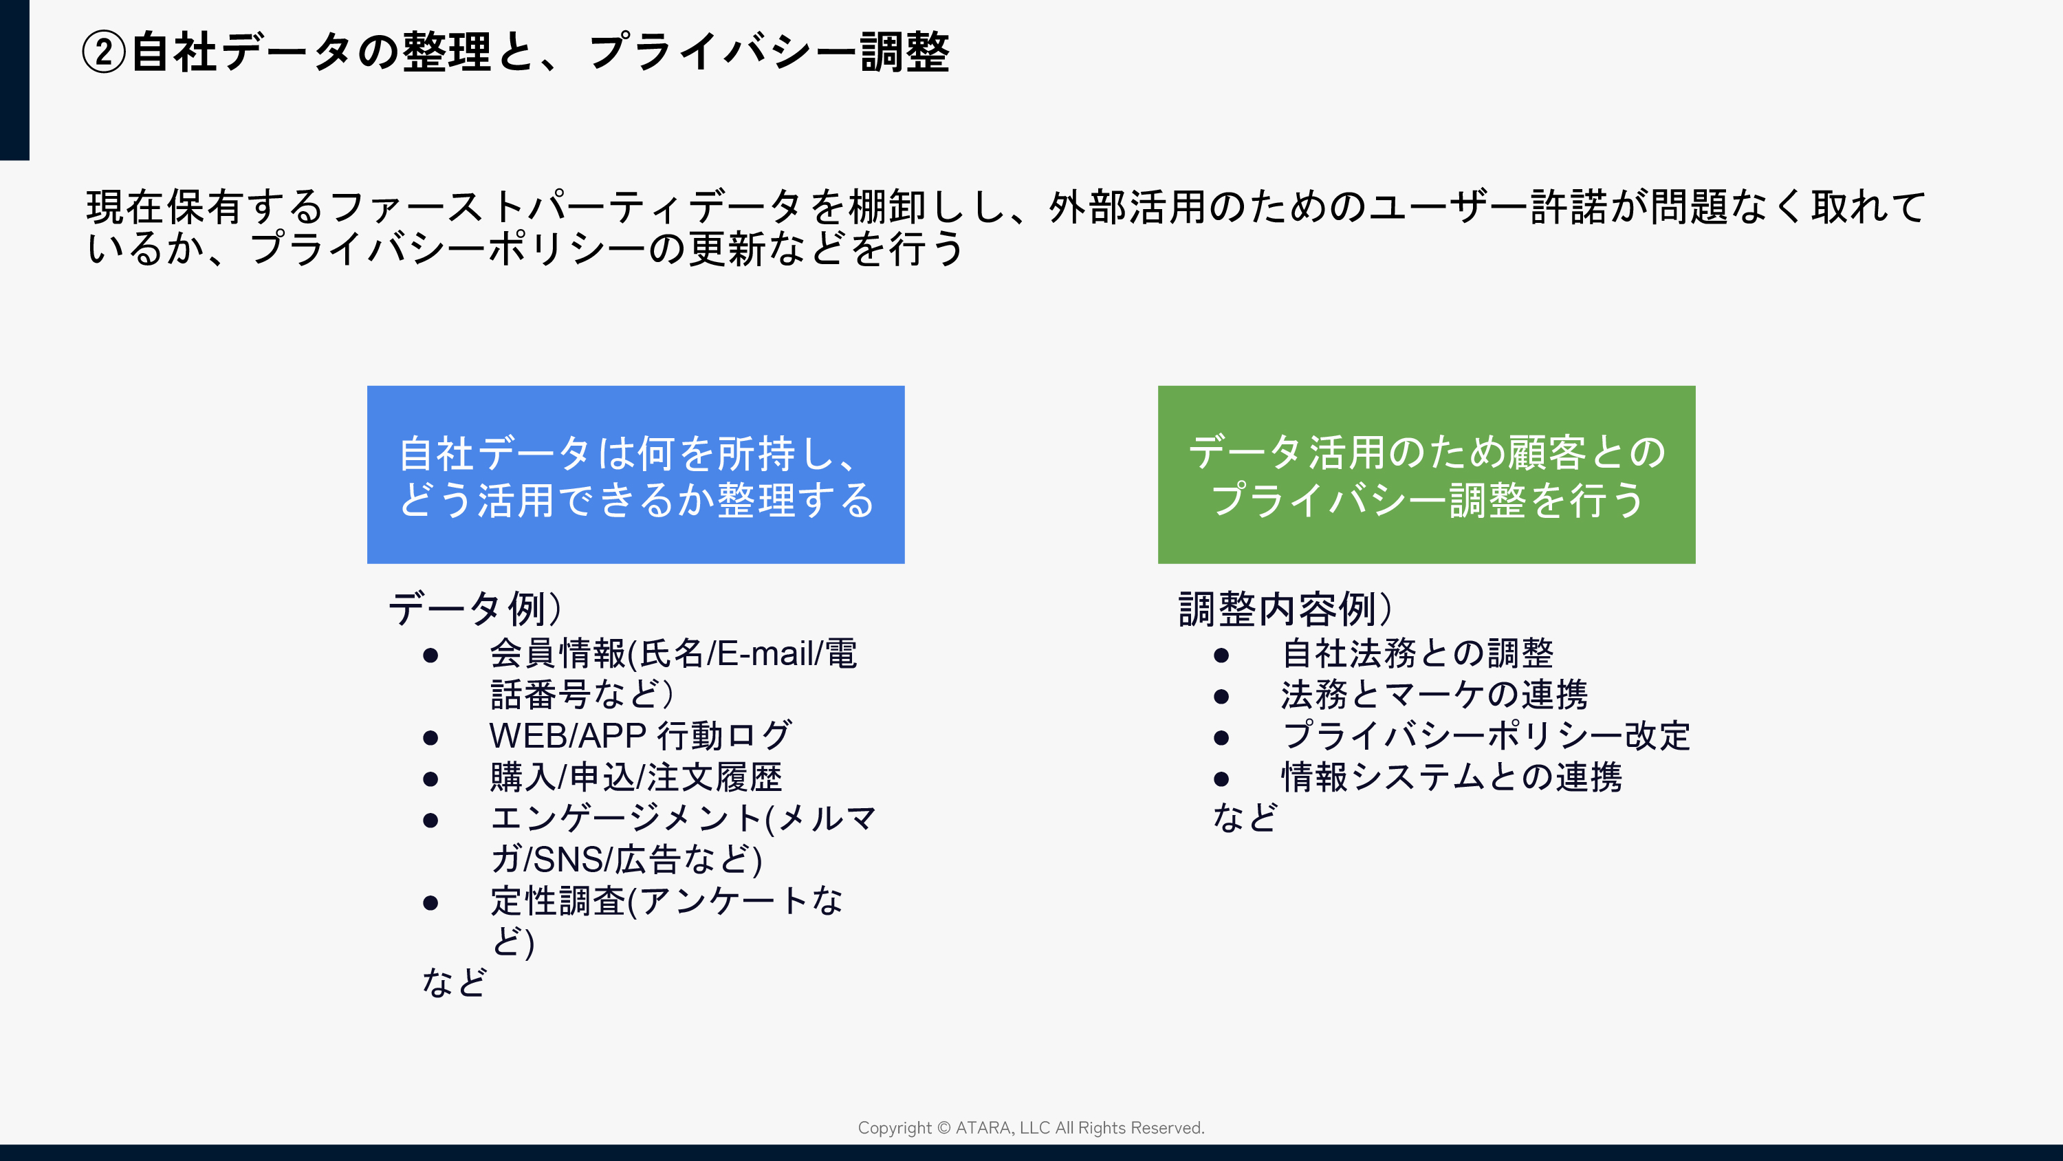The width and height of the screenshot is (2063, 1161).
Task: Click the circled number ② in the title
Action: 104,53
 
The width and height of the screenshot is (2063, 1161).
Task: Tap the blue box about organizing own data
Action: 636,475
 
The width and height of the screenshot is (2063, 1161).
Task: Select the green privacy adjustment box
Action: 1426,475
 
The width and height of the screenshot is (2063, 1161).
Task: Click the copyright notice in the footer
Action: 1031,1127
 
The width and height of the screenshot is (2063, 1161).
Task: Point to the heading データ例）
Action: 476,608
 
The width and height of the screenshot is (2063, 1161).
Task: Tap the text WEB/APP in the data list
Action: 568,735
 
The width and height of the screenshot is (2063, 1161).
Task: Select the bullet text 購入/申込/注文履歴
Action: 636,777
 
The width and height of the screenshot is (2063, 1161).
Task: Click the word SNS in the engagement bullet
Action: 568,860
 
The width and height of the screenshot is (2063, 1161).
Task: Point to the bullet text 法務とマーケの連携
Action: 1434,695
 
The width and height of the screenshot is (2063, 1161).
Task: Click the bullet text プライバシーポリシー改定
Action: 1485,735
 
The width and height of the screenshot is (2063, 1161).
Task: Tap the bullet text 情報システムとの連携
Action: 1451,777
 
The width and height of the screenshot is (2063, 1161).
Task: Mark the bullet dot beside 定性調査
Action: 431,903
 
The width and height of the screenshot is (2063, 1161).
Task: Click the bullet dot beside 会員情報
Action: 431,655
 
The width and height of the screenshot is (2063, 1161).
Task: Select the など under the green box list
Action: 1245,817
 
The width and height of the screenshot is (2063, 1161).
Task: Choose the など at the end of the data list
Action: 454,982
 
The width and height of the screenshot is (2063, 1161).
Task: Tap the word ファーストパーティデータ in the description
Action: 565,207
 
